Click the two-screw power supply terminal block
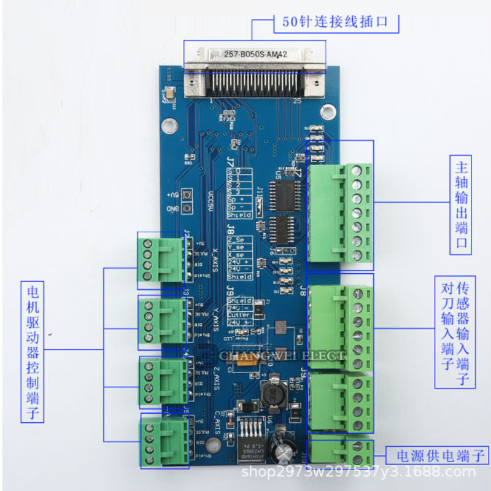[339, 451]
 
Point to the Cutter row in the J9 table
[239, 315]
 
